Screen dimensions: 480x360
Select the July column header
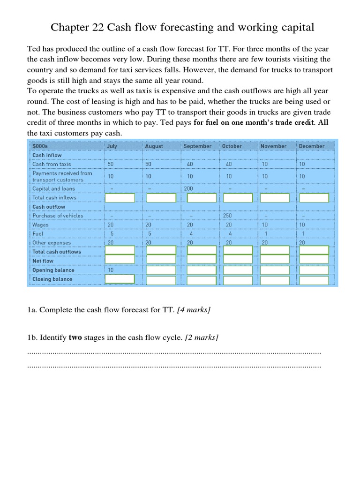click(x=112, y=146)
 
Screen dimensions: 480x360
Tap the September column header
click(x=197, y=146)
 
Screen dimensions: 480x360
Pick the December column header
click(x=311, y=146)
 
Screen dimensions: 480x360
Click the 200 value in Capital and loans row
click(x=188, y=189)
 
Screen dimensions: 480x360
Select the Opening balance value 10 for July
click(x=111, y=270)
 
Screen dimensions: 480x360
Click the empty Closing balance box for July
click(x=120, y=279)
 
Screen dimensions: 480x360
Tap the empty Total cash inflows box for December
click(x=314, y=198)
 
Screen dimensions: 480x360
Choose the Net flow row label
click(x=43, y=261)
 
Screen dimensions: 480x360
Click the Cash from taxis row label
click(x=52, y=164)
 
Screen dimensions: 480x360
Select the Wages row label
click(x=40, y=225)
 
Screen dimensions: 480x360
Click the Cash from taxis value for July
click(x=111, y=164)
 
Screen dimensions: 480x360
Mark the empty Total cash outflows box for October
click(x=238, y=251)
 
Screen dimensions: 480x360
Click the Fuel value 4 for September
click(x=189, y=234)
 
